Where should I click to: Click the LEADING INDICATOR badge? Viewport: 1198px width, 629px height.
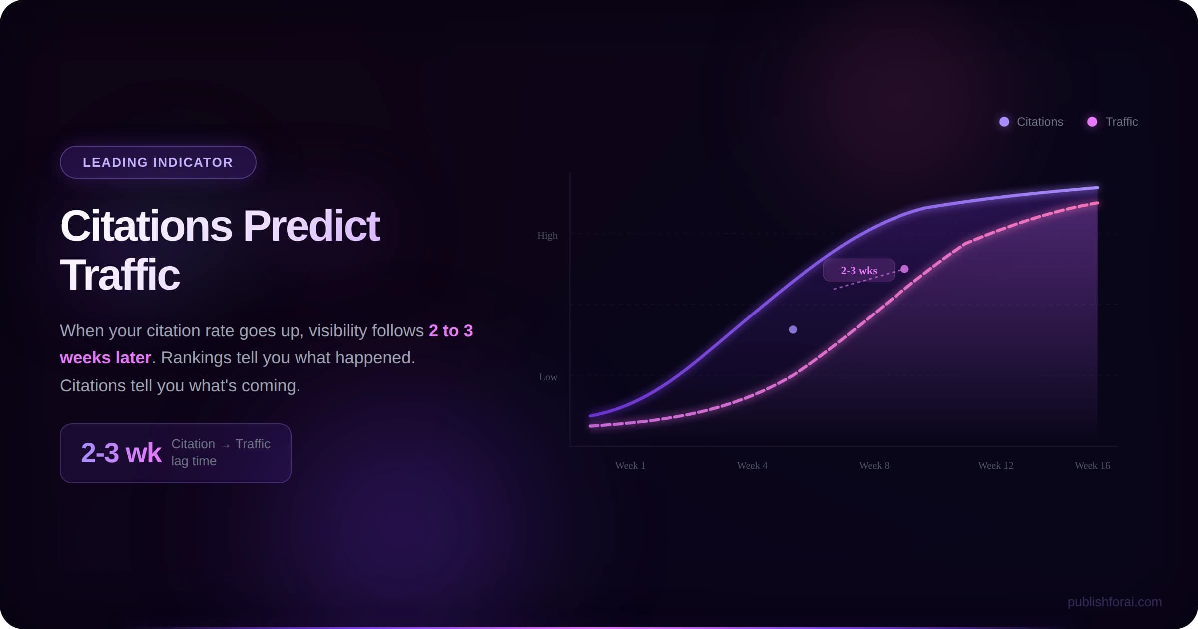[x=158, y=162]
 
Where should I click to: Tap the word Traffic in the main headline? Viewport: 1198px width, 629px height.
[x=120, y=275]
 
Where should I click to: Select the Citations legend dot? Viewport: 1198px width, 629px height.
[x=1004, y=122]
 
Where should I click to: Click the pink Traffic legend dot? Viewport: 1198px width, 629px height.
[x=1092, y=122]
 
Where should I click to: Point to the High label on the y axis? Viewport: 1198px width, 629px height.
[x=547, y=235]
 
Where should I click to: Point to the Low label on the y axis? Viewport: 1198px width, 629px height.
[x=548, y=377]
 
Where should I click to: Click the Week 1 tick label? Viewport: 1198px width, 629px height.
[x=630, y=465]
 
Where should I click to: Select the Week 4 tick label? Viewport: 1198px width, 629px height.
[x=752, y=465]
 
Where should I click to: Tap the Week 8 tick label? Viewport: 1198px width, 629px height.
[x=874, y=465]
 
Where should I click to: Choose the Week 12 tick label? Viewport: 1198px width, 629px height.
[x=996, y=465]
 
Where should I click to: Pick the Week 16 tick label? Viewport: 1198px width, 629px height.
[x=1092, y=465]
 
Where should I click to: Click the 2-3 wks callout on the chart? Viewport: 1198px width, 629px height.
[x=859, y=270]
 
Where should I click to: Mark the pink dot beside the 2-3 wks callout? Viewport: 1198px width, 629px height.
[x=904, y=269]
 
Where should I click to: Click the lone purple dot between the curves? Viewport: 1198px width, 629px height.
[x=793, y=329]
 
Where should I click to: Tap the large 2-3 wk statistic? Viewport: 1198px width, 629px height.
[x=121, y=453]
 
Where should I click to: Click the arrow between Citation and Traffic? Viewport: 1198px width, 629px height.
[x=225, y=445]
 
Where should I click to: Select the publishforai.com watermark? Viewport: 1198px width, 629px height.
[x=1114, y=602]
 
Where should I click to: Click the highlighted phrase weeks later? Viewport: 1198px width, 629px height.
[x=105, y=358]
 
